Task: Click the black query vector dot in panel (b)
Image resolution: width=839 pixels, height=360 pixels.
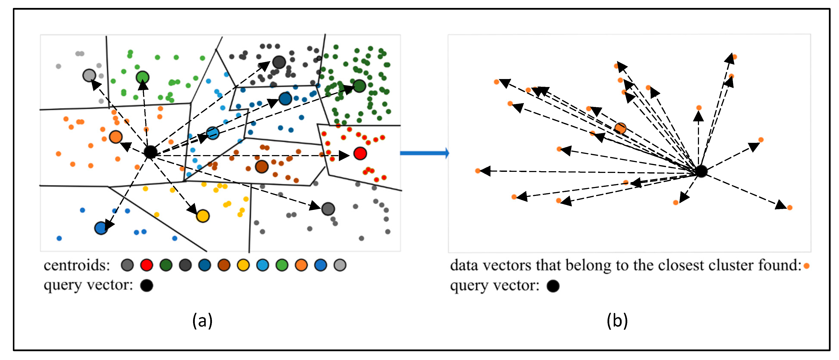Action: (701, 171)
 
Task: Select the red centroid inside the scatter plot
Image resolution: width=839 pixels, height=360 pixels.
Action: (360, 153)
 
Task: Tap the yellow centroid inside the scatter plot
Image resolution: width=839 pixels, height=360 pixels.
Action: (203, 216)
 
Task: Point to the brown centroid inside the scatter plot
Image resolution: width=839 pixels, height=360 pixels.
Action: (262, 166)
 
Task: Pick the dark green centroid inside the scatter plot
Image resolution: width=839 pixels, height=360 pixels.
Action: (359, 86)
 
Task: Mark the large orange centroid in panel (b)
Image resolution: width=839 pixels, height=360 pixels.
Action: (620, 128)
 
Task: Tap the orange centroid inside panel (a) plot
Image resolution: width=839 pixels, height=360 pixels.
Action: (116, 137)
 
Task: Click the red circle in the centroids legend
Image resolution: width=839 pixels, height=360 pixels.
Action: (147, 265)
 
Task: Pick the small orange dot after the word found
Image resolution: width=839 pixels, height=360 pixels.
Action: (806, 266)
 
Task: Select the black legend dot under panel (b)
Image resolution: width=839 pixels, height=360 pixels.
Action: (553, 286)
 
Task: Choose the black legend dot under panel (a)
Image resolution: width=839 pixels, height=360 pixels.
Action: (147, 286)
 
